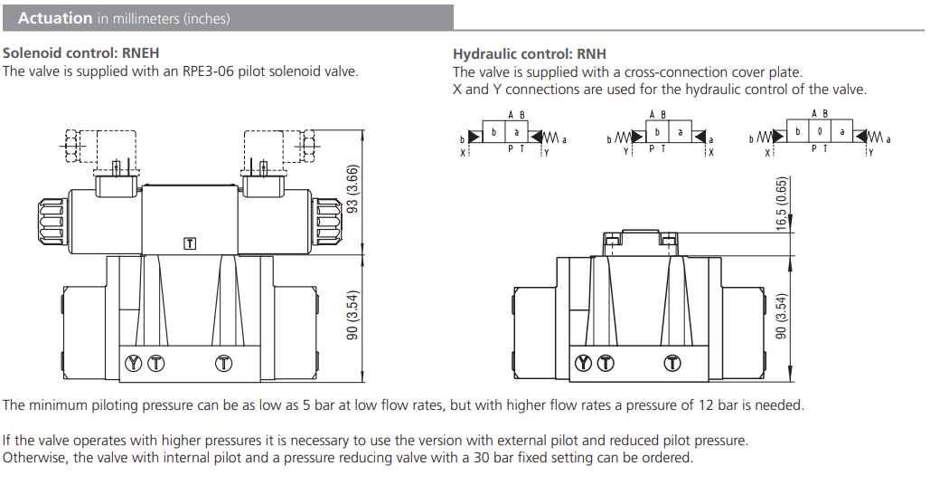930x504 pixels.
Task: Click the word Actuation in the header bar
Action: click(55, 17)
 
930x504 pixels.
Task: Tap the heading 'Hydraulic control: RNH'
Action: click(530, 53)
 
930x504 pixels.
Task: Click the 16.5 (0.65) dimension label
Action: click(783, 204)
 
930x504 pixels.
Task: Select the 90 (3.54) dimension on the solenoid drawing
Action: click(353, 315)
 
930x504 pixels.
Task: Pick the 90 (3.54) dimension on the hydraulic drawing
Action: click(783, 315)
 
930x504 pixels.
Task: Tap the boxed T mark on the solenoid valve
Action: click(190, 242)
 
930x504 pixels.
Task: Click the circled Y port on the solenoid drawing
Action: click(136, 363)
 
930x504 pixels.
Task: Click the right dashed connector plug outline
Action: click(279, 147)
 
